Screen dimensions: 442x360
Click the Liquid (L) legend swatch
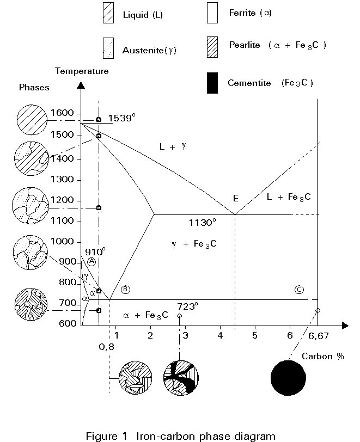tap(108, 14)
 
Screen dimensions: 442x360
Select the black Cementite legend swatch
tap(212, 83)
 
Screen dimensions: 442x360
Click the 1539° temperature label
tap(121, 118)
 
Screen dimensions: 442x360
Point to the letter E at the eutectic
tap(235, 198)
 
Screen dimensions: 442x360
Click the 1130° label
tap(202, 222)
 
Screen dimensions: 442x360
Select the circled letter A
tap(91, 262)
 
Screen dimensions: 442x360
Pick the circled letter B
tap(125, 289)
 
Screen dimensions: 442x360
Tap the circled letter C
tap(298, 289)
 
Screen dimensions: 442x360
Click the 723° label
tap(187, 306)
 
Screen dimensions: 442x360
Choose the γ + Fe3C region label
tap(194, 244)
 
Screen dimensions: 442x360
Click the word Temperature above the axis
tap(82, 71)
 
